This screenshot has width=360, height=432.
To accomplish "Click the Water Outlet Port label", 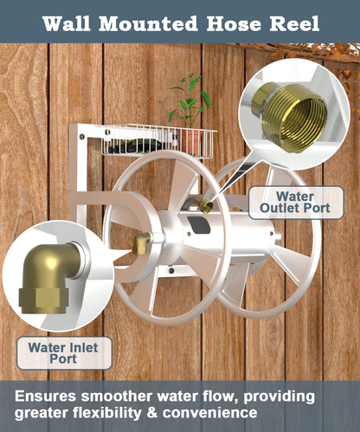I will click(x=283, y=203).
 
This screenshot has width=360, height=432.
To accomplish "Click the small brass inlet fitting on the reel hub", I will click(x=141, y=244).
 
